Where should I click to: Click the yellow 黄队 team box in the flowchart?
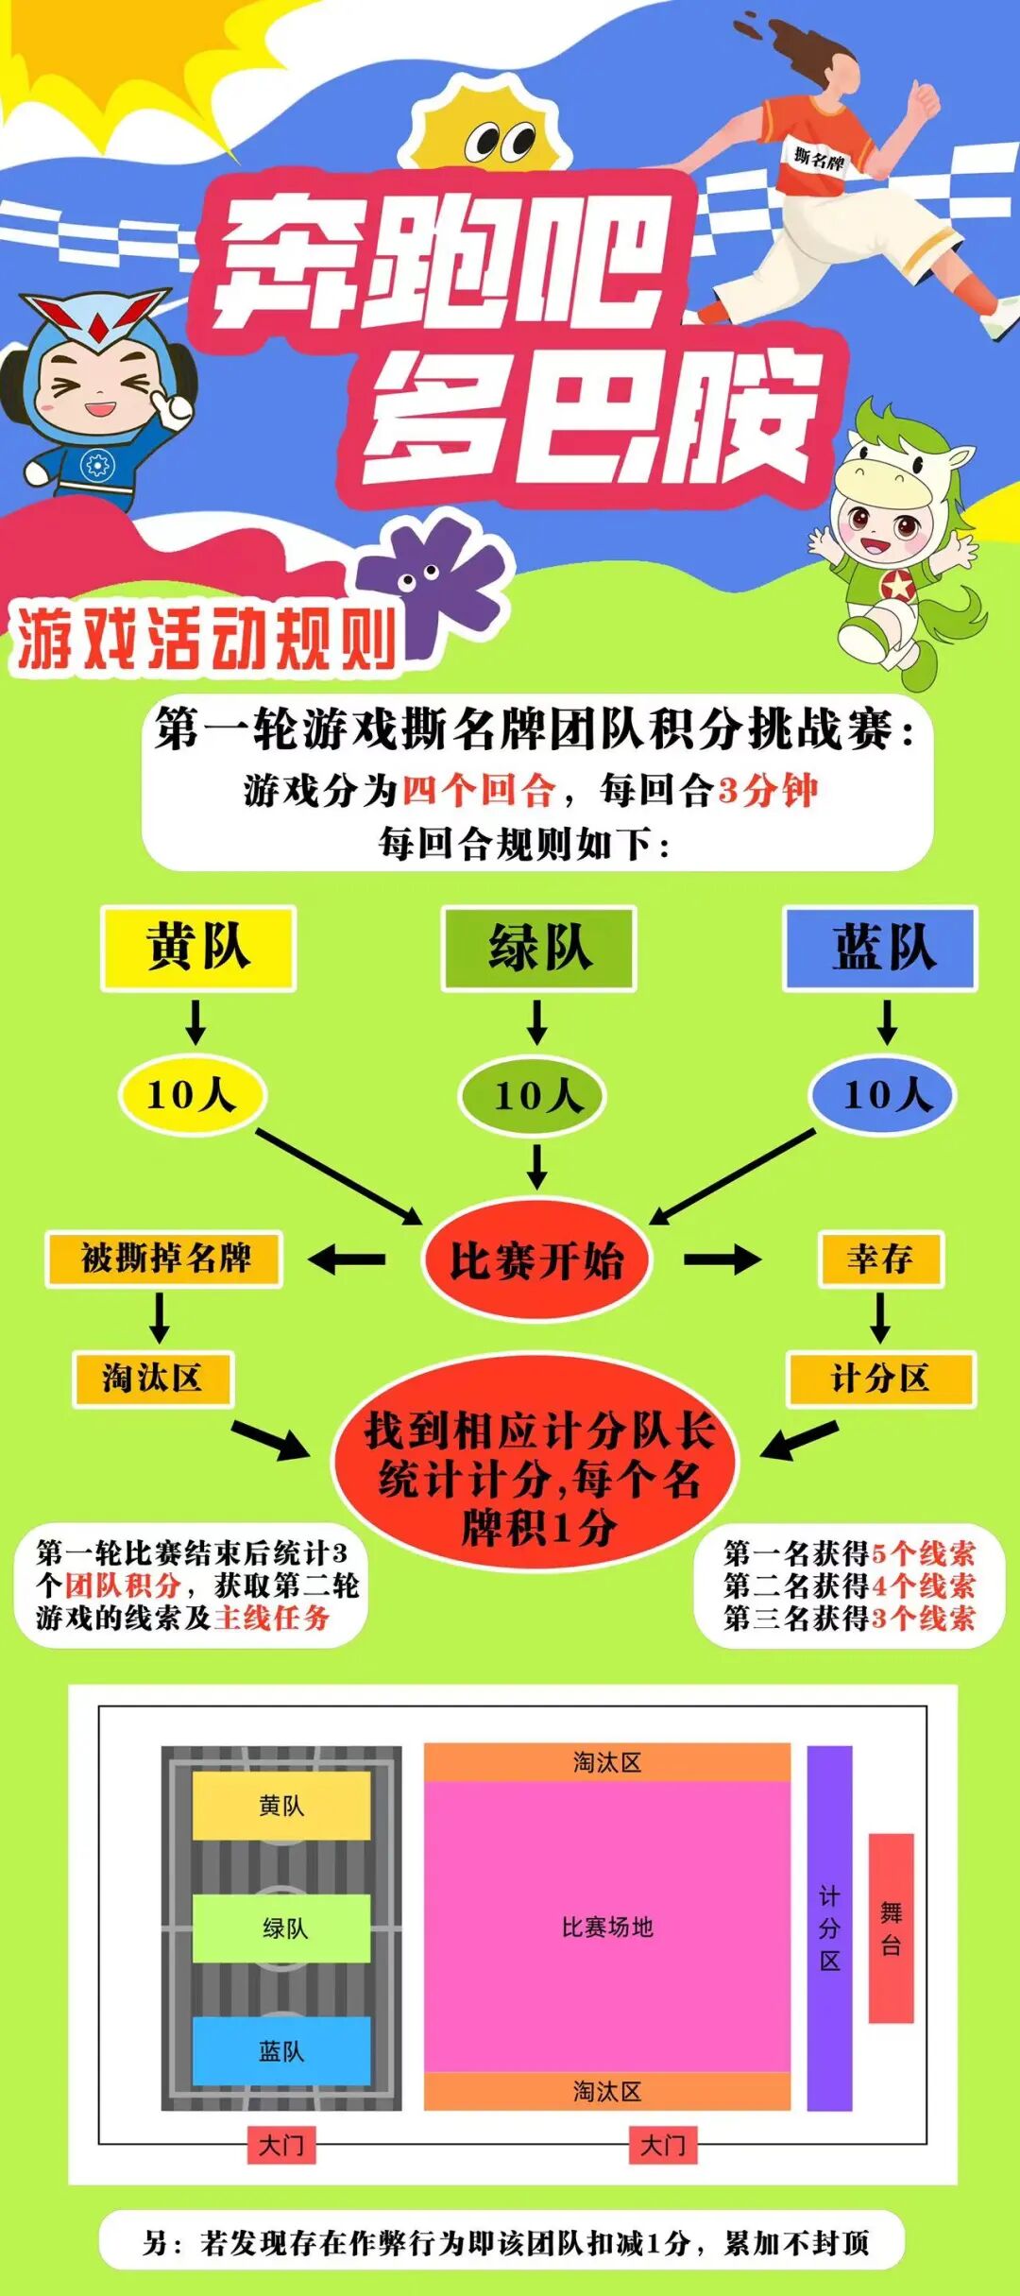point(198,948)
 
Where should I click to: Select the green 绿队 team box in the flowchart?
point(538,948)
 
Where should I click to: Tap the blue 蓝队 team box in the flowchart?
point(880,948)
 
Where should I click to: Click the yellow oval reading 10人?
point(193,1095)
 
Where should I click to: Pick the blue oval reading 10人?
point(883,1095)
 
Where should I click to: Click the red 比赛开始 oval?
point(536,1260)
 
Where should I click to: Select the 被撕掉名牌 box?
point(164,1259)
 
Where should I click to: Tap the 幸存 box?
point(880,1259)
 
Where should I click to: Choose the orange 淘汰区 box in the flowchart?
point(153,1379)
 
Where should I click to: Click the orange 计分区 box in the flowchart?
point(880,1379)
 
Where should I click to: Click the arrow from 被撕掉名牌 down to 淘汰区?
point(160,1317)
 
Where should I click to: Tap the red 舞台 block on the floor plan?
point(891,1928)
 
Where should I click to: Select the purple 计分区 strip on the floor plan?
point(829,1928)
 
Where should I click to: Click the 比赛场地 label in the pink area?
point(607,1928)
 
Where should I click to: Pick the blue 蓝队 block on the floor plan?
point(281,2050)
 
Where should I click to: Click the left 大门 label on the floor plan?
point(281,2145)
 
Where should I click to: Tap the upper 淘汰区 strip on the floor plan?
point(607,1762)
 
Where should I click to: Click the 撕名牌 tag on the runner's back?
point(818,158)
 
